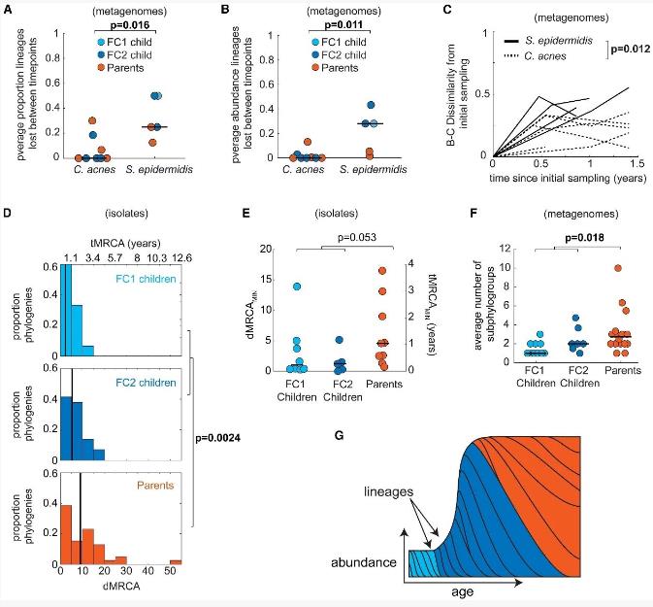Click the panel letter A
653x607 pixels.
pos(9,10)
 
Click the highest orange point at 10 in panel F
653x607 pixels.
pos(617,267)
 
